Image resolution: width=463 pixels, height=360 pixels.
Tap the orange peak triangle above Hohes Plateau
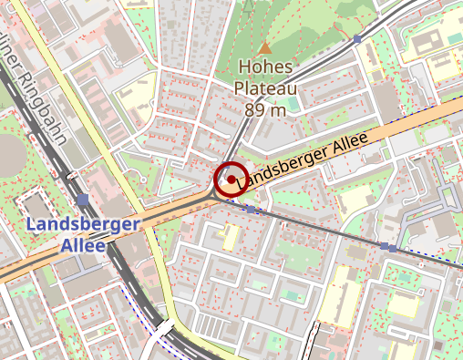click(x=264, y=47)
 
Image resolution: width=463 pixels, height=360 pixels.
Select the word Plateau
click(x=265, y=88)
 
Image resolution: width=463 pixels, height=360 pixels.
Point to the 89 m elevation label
click(x=265, y=109)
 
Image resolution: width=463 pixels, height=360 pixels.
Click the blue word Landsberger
click(x=82, y=224)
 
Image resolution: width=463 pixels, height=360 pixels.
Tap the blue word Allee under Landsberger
click(x=82, y=245)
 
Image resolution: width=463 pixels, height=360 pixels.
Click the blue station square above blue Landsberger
click(x=83, y=200)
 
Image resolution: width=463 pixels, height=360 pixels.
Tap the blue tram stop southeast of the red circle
click(x=251, y=210)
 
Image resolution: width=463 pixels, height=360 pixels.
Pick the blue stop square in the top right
click(x=357, y=40)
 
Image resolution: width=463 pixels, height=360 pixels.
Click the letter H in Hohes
click(x=243, y=67)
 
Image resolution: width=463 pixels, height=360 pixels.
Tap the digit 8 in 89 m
click(x=251, y=109)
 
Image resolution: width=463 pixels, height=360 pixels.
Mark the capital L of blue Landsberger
click(x=32, y=224)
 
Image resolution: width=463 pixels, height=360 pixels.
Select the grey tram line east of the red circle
click(x=319, y=227)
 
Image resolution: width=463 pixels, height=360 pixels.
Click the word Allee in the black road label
click(x=345, y=145)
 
